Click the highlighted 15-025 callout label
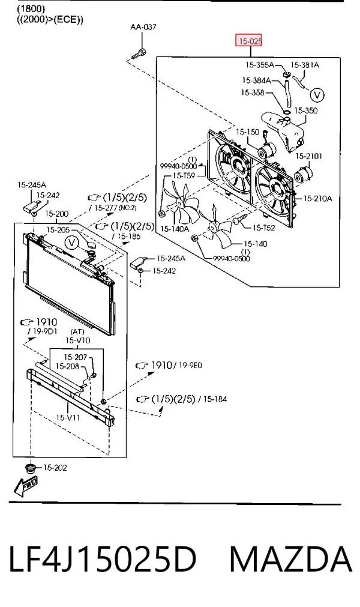[x=249, y=40]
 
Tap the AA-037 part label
[x=143, y=26]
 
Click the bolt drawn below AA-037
[x=139, y=53]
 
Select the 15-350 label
[x=305, y=110]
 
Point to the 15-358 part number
[x=253, y=92]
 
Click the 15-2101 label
[x=309, y=156]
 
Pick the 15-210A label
[x=317, y=199]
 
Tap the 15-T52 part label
[x=264, y=228]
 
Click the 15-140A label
[x=175, y=229]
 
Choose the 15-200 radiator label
[x=57, y=214]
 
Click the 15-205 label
[x=58, y=230]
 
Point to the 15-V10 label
[x=78, y=340]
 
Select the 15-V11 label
[x=68, y=418]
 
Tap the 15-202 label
[x=55, y=468]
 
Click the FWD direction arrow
[x=26, y=486]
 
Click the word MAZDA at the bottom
[x=291, y=559]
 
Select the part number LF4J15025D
[x=103, y=559]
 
